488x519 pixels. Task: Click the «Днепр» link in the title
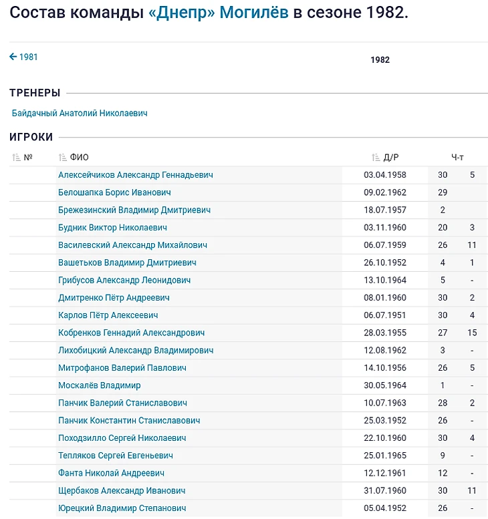pyautogui.click(x=184, y=13)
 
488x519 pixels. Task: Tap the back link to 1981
pyautogui.click(x=24, y=57)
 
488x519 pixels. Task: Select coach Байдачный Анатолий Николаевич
pyautogui.click(x=80, y=114)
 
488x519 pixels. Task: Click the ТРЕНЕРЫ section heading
pyautogui.click(x=35, y=93)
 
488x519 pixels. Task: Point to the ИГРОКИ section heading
pyautogui.click(x=31, y=137)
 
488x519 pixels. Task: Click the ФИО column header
pyautogui.click(x=79, y=158)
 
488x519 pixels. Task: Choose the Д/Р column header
pyautogui.click(x=391, y=158)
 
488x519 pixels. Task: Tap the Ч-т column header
pyautogui.click(x=457, y=158)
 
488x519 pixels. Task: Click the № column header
pyautogui.click(x=28, y=158)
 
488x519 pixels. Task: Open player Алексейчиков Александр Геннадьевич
pyautogui.click(x=136, y=175)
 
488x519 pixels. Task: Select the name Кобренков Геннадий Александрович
pyautogui.click(x=131, y=333)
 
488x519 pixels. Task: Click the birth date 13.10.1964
pyautogui.click(x=385, y=281)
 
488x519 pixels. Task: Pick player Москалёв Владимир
pyautogui.click(x=99, y=385)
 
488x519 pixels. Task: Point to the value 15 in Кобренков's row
pyautogui.click(x=472, y=333)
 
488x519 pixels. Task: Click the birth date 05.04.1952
pyautogui.click(x=385, y=508)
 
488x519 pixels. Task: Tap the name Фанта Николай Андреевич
pyautogui.click(x=111, y=473)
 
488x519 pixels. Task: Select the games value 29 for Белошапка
pyautogui.click(x=443, y=192)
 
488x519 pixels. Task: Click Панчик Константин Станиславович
pyautogui.click(x=129, y=421)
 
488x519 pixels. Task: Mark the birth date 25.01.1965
pyautogui.click(x=385, y=456)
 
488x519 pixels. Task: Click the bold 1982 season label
pyautogui.click(x=380, y=60)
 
